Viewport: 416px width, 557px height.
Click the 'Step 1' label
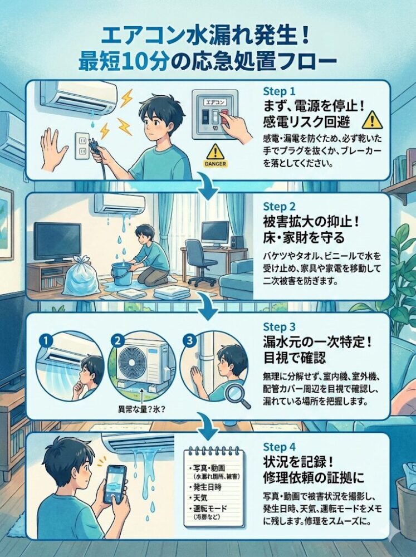(x=280, y=91)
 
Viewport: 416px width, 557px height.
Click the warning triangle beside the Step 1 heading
(x=373, y=119)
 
